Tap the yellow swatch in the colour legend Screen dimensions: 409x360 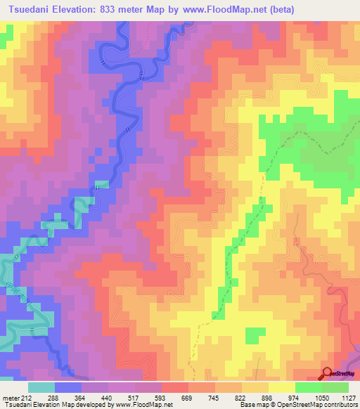click(x=282, y=387)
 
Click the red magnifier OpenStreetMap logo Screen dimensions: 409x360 click(x=328, y=373)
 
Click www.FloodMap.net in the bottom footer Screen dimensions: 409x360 click(x=144, y=405)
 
